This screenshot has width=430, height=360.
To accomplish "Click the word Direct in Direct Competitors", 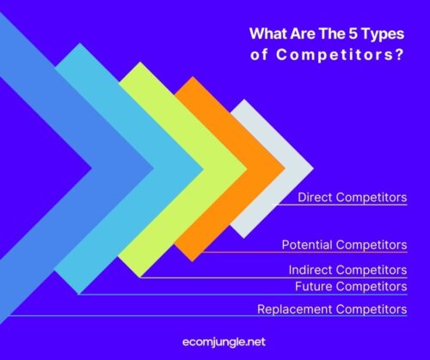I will click(316, 198).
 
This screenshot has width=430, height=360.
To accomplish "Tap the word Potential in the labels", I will click(308, 245).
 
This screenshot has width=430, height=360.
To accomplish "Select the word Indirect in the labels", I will click(312, 270).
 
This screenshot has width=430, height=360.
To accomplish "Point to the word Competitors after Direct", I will click(372, 198).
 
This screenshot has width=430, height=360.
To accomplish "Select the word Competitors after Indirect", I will click(372, 270).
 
